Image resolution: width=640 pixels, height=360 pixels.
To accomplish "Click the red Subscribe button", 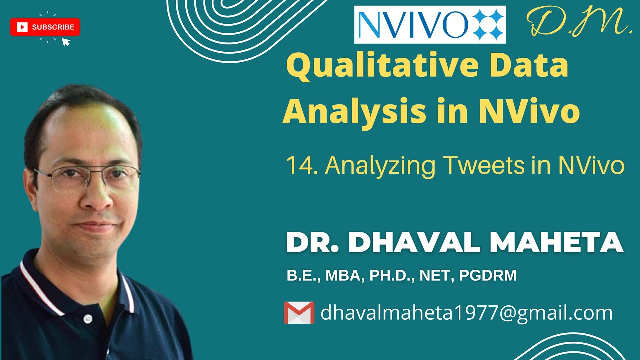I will coord(45,27).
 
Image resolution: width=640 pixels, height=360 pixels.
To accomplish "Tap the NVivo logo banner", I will coord(430,25).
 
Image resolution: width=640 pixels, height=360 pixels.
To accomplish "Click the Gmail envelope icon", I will coord(299,313).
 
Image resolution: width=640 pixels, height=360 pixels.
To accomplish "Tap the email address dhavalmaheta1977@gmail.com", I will coord(466,313).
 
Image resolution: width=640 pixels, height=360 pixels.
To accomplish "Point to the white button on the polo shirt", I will coord(88,318).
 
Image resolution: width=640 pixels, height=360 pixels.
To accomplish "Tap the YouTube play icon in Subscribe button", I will coord(22,27).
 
